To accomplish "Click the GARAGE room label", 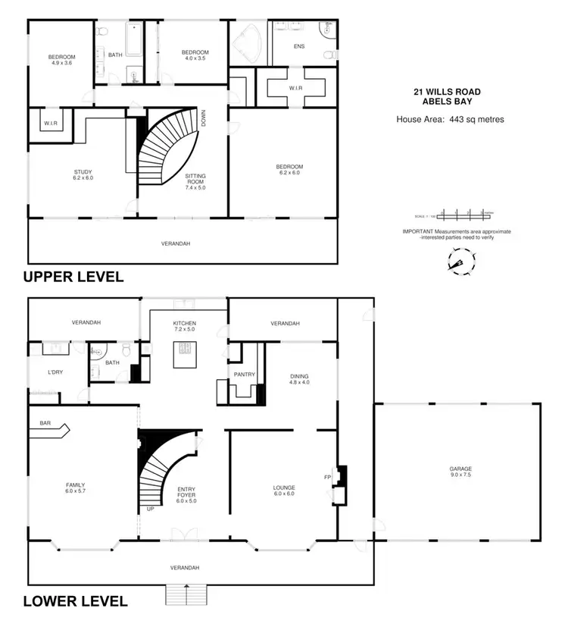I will coord(460,472).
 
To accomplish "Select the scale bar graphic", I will coord(457,213).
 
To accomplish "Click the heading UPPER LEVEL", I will coord(73,277).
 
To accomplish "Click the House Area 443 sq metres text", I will coord(450,119).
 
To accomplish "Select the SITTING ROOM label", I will coord(195,180).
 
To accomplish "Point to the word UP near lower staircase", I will coord(150,509).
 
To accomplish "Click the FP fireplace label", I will coord(327,478).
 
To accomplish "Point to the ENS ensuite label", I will coord(299,45).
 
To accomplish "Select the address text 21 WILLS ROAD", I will coord(446,92).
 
